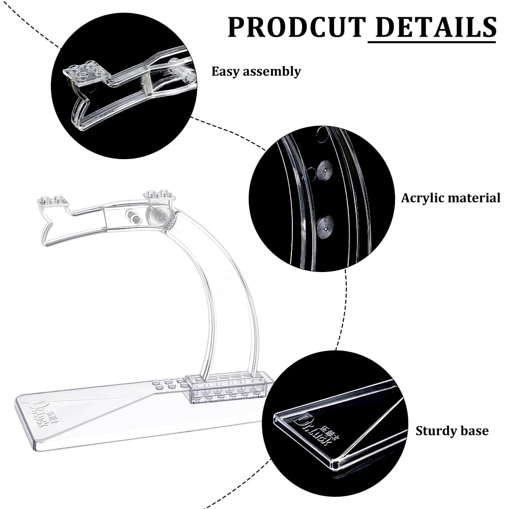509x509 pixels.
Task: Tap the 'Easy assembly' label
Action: click(256, 71)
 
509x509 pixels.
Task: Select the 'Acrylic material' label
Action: click(451, 198)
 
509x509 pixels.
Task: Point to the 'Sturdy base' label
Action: click(452, 431)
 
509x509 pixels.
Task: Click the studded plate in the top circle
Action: click(84, 72)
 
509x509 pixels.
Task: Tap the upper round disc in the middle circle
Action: click(324, 171)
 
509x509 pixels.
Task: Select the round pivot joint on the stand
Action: click(160, 215)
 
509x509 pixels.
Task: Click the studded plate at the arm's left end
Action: click(52, 201)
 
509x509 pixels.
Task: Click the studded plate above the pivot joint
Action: click(159, 195)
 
